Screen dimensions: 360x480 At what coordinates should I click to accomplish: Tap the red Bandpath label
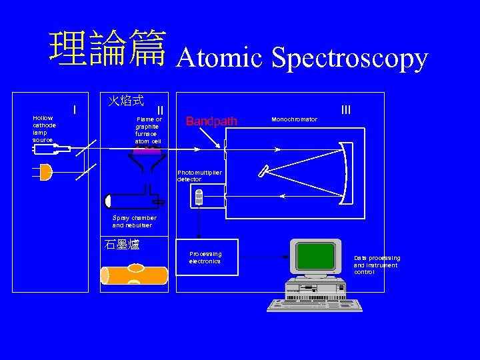tap(211, 121)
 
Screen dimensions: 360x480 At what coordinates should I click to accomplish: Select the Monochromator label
tap(294, 119)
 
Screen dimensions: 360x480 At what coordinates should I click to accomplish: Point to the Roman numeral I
tap(75, 109)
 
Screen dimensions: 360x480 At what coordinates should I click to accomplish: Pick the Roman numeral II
tap(160, 110)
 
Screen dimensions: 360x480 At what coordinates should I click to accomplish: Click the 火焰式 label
tap(126, 101)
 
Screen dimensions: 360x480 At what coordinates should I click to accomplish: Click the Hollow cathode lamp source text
tap(45, 129)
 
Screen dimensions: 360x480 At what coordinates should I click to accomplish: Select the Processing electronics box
tap(206, 257)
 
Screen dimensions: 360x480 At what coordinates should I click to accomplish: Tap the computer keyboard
tap(315, 305)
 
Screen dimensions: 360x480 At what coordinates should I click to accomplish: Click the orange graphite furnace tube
tap(133, 275)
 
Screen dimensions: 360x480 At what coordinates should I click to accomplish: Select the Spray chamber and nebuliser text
tap(134, 221)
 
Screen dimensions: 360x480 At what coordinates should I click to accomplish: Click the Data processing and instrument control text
tap(377, 265)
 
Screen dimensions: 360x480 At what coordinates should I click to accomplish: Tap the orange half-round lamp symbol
tap(45, 173)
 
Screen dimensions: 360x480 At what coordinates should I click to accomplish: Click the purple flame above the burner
tap(147, 151)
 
